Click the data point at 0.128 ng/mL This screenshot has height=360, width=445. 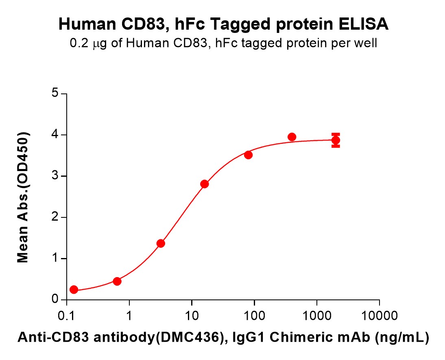pyautogui.click(x=74, y=289)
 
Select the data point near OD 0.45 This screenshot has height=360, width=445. pyautogui.click(x=117, y=281)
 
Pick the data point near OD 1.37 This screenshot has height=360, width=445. pyautogui.click(x=161, y=243)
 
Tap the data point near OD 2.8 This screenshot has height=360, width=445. pyautogui.click(x=205, y=184)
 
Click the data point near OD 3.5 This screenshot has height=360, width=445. pyautogui.click(x=249, y=155)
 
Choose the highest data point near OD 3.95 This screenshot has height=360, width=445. pyautogui.click(x=292, y=137)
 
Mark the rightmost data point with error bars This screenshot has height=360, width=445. pyautogui.click(x=336, y=140)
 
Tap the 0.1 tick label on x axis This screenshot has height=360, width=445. pyautogui.click(x=66, y=315)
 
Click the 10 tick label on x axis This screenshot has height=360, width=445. pyautogui.click(x=192, y=315)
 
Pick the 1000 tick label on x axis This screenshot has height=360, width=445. pyautogui.click(x=317, y=315)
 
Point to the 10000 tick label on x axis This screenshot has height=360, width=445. pyautogui.click(x=379, y=315)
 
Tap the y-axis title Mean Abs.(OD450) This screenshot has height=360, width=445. pyautogui.click(x=23, y=197)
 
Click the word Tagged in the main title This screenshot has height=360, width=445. pyautogui.click(x=237, y=25)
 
